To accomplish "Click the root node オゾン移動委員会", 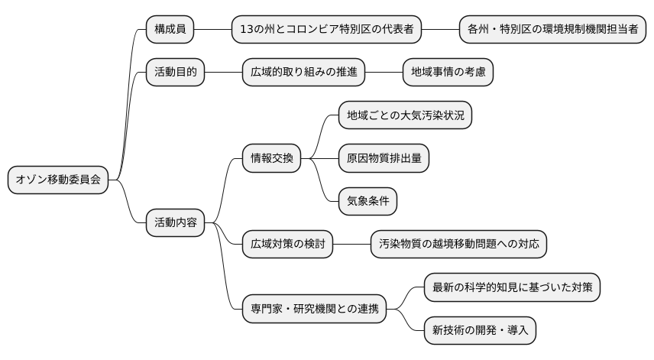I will click(x=58, y=180).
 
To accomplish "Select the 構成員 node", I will click(x=170, y=30).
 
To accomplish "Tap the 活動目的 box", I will click(x=176, y=73).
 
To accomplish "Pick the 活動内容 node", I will click(x=176, y=223).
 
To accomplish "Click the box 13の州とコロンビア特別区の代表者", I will click(x=327, y=30).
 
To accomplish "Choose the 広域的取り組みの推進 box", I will click(x=303, y=73).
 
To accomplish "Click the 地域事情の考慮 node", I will click(x=448, y=73).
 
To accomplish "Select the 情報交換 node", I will click(x=271, y=159).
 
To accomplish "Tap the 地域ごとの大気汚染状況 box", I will click(x=405, y=115).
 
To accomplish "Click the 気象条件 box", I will click(x=367, y=202).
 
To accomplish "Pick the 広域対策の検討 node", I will click(x=287, y=245).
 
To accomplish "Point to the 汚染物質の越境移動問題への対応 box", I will click(x=458, y=245).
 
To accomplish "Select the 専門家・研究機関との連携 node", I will click(x=314, y=310).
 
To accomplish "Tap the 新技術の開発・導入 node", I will click(x=480, y=331).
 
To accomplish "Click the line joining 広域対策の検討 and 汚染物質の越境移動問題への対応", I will click(x=351, y=245).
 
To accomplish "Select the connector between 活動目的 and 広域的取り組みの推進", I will click(x=223, y=73).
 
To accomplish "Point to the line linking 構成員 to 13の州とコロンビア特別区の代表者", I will click(x=213, y=30).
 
